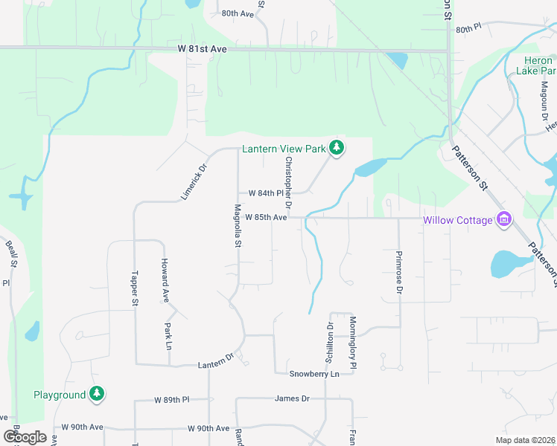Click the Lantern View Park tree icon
(x=337, y=149)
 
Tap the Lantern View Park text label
(x=284, y=149)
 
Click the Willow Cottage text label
(x=458, y=220)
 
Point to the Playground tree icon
(x=97, y=394)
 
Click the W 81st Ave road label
(x=202, y=48)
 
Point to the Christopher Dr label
(x=288, y=182)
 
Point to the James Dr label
(x=292, y=398)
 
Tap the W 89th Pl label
(x=172, y=400)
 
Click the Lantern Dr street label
(x=216, y=365)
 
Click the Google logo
(x=25, y=436)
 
